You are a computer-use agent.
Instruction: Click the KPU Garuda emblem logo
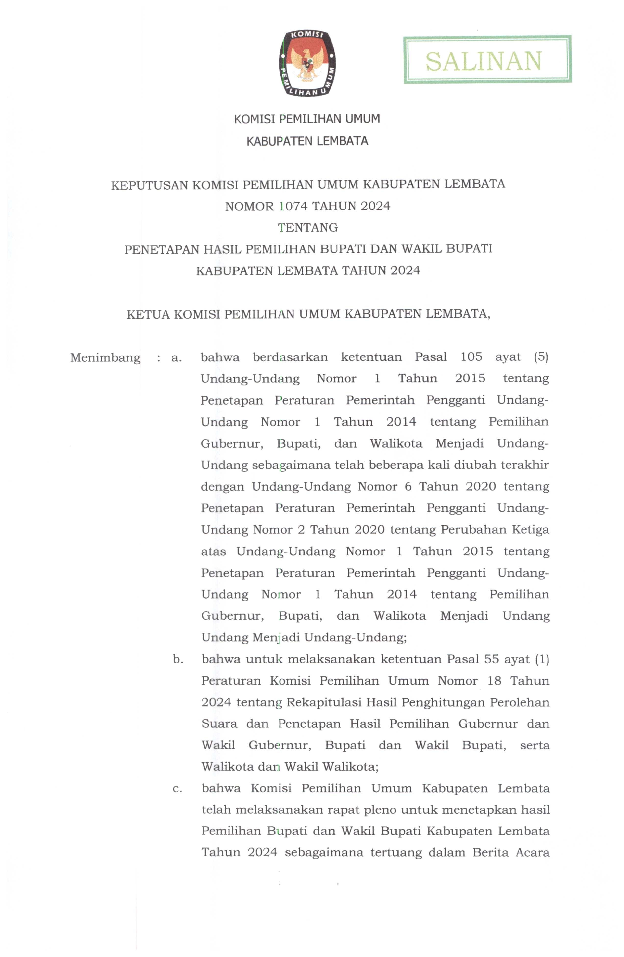click(x=307, y=63)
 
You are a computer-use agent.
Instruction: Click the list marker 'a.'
click(x=177, y=357)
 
